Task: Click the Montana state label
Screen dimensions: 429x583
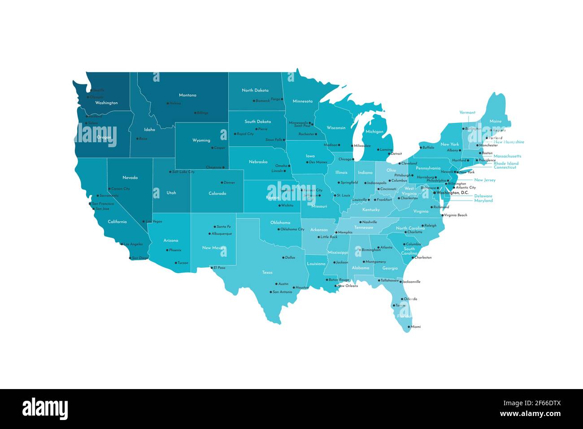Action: (x=187, y=95)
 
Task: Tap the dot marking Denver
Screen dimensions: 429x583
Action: (x=222, y=183)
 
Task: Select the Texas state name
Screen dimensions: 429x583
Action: (x=267, y=272)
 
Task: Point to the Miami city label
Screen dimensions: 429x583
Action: (x=416, y=327)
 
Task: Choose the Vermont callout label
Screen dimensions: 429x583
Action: (x=467, y=113)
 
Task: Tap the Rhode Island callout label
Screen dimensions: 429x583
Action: (x=506, y=163)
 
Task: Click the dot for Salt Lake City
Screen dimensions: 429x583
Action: (x=170, y=172)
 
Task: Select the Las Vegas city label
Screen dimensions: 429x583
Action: (x=154, y=221)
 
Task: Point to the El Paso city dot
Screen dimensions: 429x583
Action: (x=212, y=267)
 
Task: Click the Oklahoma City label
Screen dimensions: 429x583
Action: (x=292, y=229)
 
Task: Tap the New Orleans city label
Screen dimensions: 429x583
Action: (x=348, y=286)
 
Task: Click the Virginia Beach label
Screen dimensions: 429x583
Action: (x=456, y=215)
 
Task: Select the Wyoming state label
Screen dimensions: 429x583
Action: (x=201, y=140)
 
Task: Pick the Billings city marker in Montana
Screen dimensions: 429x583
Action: (x=195, y=113)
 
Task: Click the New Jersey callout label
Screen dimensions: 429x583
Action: (x=485, y=180)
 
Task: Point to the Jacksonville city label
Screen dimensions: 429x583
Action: (x=411, y=282)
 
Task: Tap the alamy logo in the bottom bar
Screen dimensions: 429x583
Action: (x=45, y=409)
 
